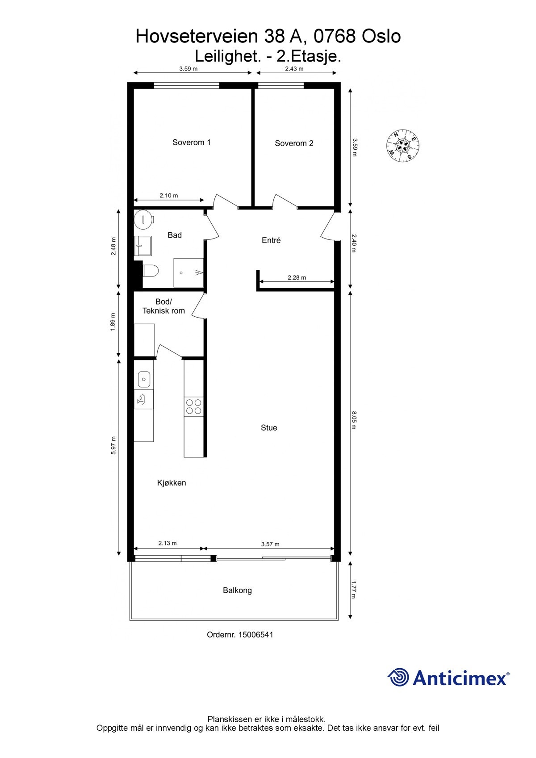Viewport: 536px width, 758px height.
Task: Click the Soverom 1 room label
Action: pos(191,142)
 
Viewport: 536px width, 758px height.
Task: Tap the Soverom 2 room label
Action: pos(294,143)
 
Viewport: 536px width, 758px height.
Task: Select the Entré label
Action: pos(271,240)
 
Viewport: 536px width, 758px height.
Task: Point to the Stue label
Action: pos(269,428)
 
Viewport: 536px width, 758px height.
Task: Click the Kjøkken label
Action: pos(172,483)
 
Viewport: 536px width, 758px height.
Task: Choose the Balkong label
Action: pos(237,590)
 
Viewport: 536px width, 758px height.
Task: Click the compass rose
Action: pos(402,146)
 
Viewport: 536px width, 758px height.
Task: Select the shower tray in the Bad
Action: pos(188,272)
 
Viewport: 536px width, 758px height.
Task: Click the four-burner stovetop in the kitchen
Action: pos(193,406)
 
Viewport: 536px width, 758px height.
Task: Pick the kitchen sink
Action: pos(144,380)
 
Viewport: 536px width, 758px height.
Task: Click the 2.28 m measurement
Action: pos(297,277)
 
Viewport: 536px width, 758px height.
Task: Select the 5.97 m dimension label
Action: pos(113,445)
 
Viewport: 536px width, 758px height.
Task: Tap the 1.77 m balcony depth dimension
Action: pos(354,590)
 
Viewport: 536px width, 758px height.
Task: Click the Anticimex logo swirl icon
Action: pos(398,677)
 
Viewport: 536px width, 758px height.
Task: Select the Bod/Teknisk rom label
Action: pos(163,306)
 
